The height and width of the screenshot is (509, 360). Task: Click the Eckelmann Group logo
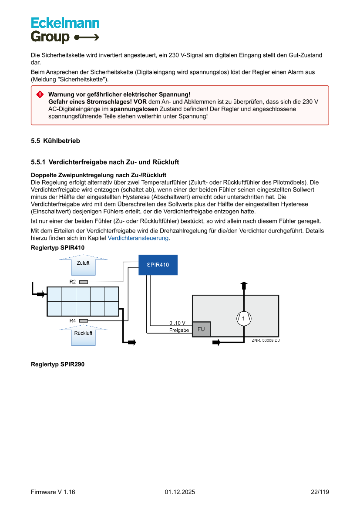pos(65,30)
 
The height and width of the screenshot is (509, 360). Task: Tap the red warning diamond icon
pos(40,94)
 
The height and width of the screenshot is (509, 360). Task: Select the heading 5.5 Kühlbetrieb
pos(55,141)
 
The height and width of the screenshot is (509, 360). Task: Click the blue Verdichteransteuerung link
pos(138,238)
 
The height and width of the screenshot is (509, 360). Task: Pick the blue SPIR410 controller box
pos(158,265)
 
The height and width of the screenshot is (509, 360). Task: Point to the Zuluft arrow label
pos(83,263)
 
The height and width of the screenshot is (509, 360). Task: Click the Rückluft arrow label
pos(83,333)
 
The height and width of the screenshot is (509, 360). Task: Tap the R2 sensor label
pos(73,282)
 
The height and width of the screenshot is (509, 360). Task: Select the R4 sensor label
pos(73,320)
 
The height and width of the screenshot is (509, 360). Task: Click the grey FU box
pos(201,329)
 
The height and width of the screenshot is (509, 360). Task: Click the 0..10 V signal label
pos(177,323)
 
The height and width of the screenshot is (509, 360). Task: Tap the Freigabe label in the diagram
pos(179,330)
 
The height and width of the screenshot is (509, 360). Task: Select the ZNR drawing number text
pos(265,340)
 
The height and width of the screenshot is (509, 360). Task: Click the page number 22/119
pos(320,492)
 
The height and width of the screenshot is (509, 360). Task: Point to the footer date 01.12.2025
pos(180,492)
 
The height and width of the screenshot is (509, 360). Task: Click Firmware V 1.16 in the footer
pos(53,492)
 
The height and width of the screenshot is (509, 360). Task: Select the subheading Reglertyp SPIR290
pos(57,364)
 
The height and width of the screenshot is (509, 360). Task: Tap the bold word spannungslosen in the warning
pos(134,109)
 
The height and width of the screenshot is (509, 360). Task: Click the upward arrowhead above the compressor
pos(244,284)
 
